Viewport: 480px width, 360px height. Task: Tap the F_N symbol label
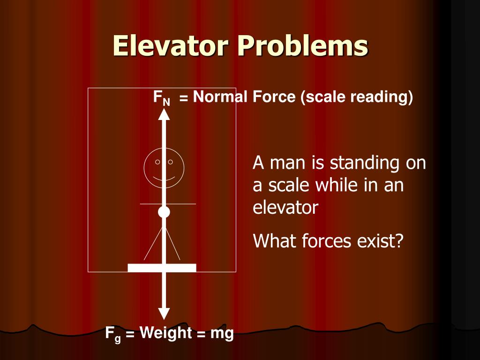(161, 98)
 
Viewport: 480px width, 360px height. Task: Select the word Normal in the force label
(220, 97)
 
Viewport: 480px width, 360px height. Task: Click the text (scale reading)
(357, 97)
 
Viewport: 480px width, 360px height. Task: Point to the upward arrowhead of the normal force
(164, 114)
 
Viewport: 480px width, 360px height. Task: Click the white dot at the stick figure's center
(164, 212)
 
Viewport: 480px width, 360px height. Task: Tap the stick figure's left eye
(157, 162)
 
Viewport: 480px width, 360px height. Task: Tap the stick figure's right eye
(171, 162)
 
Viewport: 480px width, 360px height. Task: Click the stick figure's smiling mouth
(164, 179)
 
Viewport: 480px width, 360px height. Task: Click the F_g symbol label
(112, 335)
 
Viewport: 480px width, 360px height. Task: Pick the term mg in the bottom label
(222, 334)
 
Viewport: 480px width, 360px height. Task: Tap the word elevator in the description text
(285, 208)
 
